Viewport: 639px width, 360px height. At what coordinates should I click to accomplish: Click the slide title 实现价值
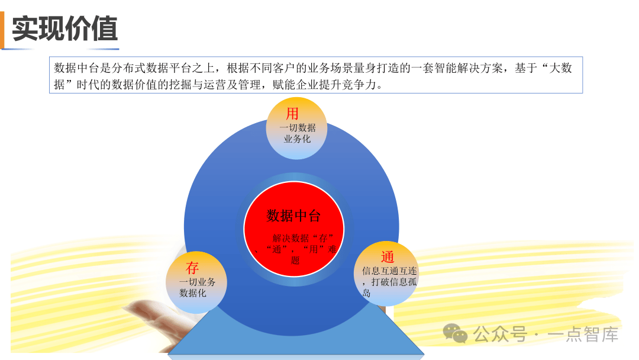click(65, 28)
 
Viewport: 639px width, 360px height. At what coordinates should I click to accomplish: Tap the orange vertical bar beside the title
click(2, 30)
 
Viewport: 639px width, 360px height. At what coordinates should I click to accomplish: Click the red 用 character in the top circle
click(292, 113)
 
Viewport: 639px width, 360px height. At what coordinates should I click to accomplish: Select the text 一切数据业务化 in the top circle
click(298, 133)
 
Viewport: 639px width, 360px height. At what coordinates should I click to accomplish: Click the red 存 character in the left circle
click(192, 268)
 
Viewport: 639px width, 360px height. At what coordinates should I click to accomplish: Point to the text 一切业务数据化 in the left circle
click(197, 287)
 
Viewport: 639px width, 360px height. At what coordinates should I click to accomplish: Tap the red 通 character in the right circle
click(387, 257)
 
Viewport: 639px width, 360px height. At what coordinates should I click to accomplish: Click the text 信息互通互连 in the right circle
click(389, 271)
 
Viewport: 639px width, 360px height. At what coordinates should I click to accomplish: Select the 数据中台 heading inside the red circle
click(293, 216)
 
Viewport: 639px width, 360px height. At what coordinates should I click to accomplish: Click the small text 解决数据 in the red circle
click(291, 238)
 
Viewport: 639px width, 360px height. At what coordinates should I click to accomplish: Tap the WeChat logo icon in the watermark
click(455, 333)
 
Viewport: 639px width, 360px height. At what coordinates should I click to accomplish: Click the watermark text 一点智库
click(583, 335)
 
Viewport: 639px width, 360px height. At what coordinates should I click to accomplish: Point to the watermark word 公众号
click(500, 335)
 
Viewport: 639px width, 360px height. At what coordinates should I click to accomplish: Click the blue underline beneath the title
click(60, 49)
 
